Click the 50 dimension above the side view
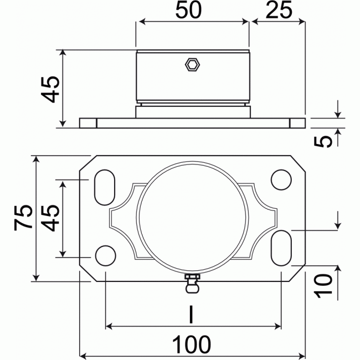tap(191, 11)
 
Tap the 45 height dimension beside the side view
tap(50, 89)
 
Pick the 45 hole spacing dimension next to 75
tap(50, 218)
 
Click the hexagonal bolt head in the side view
tap(192, 65)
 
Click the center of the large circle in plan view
tap(192, 218)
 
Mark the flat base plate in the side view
tap(192, 122)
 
